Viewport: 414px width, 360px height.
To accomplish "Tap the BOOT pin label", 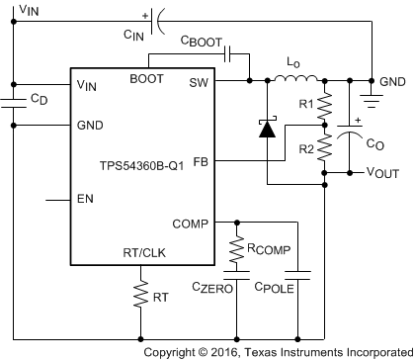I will pos(146,80).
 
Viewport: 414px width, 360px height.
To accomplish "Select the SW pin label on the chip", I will pos(198,86).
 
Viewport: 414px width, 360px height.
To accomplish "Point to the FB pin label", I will pos(200,160).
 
